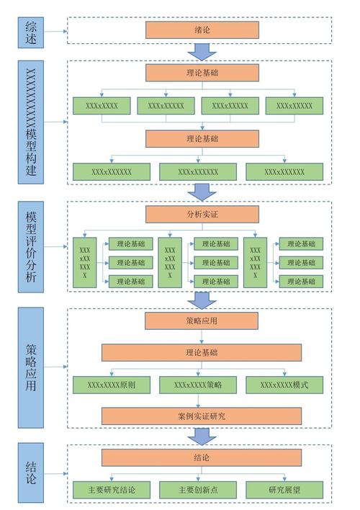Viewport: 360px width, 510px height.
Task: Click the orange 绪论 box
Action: click(x=202, y=30)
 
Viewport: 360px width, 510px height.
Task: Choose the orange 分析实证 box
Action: click(x=202, y=214)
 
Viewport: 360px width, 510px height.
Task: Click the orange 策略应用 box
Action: click(x=202, y=321)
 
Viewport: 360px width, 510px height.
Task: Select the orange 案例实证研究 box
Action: click(x=202, y=416)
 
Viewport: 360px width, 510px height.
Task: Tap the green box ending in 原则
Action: click(x=112, y=385)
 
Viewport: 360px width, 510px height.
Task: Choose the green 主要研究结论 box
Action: click(x=112, y=490)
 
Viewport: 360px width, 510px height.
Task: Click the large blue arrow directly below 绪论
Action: click(x=202, y=51)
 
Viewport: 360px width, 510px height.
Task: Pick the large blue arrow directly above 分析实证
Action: click(x=202, y=192)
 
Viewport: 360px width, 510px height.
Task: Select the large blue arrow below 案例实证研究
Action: click(x=202, y=437)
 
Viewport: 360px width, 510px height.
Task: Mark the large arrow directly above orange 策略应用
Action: click(x=202, y=299)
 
